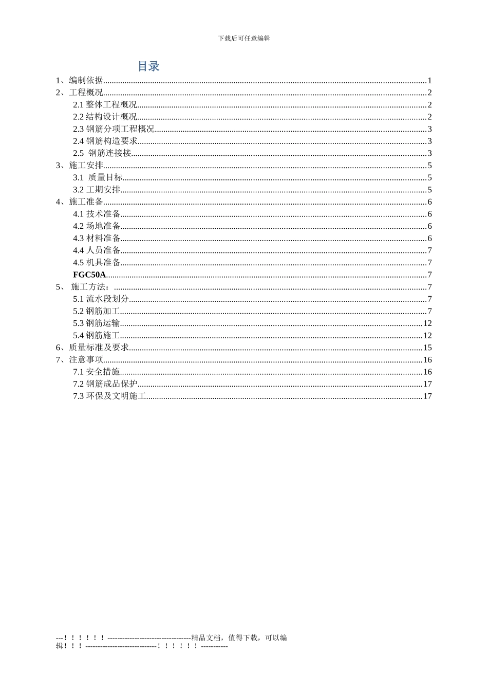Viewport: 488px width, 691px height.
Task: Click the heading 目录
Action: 148,66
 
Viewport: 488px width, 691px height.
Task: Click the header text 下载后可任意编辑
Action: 244,38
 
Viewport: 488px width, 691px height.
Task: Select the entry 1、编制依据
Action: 80,80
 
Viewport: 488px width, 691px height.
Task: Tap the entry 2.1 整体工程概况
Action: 105,105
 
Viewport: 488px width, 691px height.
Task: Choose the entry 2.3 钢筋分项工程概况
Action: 114,129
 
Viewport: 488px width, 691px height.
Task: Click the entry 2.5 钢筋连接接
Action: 102,153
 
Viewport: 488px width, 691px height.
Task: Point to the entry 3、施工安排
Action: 80,166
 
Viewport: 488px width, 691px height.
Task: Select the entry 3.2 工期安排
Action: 97,190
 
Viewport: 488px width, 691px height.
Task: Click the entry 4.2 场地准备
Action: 97,226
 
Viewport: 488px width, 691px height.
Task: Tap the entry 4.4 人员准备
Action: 97,250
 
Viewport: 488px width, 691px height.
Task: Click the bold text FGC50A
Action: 89,275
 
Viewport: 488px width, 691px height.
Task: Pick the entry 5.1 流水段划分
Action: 101,299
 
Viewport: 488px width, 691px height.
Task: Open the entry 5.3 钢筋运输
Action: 97,323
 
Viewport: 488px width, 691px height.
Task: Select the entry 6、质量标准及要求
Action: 92,348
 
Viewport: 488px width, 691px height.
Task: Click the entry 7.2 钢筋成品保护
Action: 105,384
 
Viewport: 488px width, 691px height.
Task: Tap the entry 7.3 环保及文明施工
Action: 109,396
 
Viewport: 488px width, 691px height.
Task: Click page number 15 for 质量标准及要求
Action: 427,348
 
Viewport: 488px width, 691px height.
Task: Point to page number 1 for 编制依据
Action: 429,80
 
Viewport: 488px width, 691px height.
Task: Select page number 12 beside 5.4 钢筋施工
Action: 427,336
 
